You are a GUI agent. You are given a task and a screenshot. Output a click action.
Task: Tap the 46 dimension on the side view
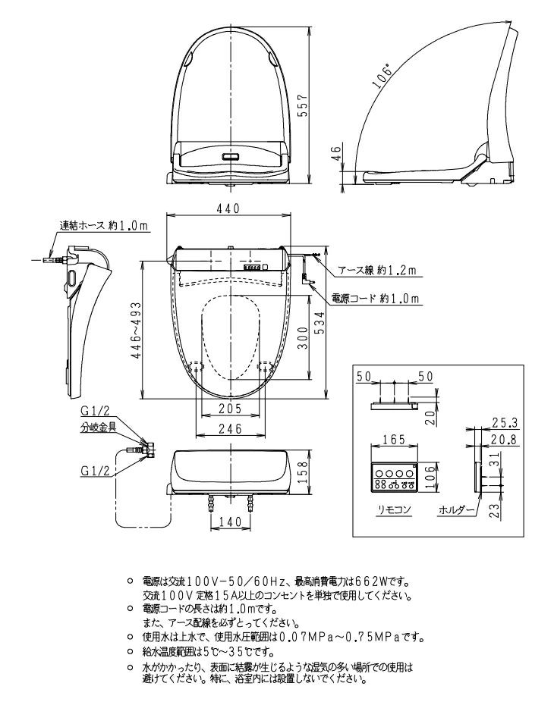337,154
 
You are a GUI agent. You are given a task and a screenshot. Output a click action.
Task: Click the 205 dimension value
229,409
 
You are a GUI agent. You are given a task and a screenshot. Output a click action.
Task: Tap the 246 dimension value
229,430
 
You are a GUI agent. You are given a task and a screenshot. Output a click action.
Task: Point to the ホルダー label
456,511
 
